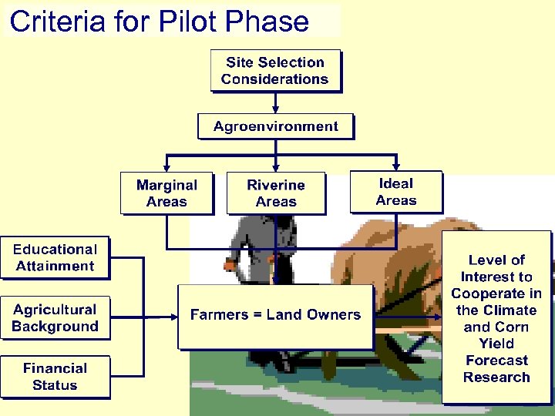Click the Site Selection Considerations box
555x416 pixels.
coord(275,71)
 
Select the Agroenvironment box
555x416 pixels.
coord(275,126)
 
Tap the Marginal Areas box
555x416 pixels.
coord(166,193)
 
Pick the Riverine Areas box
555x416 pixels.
coord(276,193)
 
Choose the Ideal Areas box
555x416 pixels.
coord(396,192)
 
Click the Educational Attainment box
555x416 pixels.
coord(55,258)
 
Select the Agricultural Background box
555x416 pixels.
coord(55,318)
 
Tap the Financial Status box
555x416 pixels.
coord(55,377)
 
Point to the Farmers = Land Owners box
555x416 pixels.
coord(275,315)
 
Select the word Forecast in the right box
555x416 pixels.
coord(496,361)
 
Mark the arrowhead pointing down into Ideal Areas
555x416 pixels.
coord(396,166)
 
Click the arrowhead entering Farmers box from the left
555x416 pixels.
coord(173,315)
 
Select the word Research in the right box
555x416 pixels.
coord(496,377)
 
